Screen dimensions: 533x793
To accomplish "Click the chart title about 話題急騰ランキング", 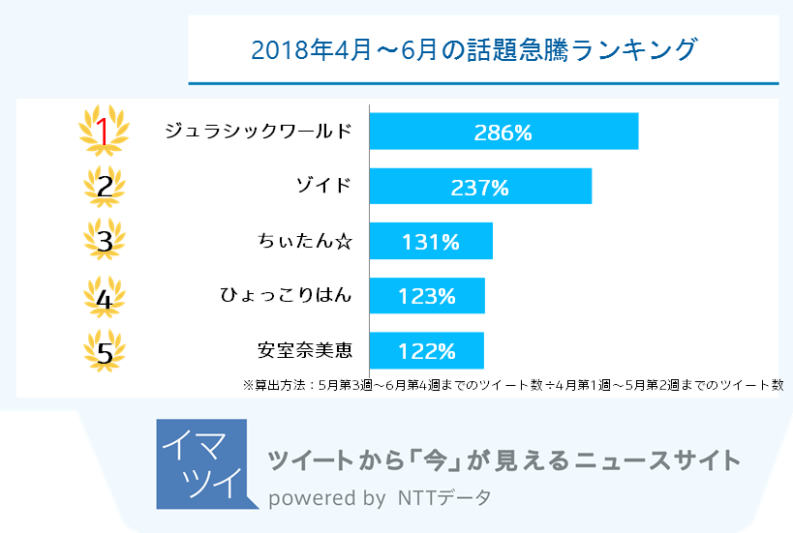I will tap(473, 49).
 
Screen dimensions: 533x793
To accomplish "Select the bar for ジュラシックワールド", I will tap(503, 132).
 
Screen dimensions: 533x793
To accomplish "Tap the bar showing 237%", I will tap(480, 187).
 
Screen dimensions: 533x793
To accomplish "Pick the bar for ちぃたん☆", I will tap(431, 241).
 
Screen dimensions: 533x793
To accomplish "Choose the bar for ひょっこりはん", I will tap(427, 296).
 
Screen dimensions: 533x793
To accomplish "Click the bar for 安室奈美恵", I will tap(426, 350).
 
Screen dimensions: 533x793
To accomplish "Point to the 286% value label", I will tap(503, 133).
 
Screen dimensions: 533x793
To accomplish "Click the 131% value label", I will tap(431, 242).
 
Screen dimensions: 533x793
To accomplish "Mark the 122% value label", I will tap(426, 351).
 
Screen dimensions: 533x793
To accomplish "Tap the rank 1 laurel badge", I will tap(105, 132).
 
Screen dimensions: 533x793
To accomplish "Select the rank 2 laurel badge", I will tap(105, 187).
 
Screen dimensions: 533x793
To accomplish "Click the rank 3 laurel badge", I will tap(105, 241).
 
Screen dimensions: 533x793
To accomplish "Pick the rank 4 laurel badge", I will tap(105, 297).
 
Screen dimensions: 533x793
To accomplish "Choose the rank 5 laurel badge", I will tap(105, 351).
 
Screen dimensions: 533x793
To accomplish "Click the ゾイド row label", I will tap(323, 187).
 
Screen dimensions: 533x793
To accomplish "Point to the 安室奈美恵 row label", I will tap(303, 350).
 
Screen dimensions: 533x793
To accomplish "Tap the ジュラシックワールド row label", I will tap(259, 132).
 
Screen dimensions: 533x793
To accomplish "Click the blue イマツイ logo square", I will tap(200, 464).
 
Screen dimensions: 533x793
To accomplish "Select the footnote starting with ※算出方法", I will tap(513, 384).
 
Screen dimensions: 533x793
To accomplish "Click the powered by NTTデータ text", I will tap(380, 499).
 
